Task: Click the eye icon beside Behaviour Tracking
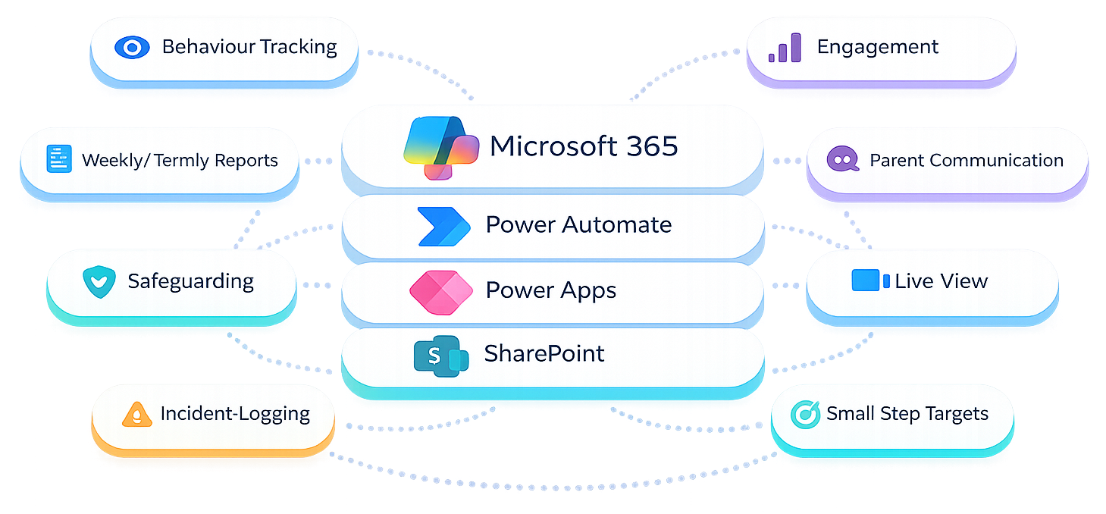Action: tap(133, 48)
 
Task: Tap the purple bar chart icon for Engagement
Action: tap(785, 47)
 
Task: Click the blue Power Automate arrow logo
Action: tap(443, 226)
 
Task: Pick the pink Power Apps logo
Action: tap(440, 292)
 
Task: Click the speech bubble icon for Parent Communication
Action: tap(842, 160)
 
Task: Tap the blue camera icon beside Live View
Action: tap(870, 281)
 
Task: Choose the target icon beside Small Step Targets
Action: tap(805, 414)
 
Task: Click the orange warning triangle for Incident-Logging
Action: tap(137, 415)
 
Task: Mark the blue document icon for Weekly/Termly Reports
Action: tap(58, 159)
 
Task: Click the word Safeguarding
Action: tap(190, 281)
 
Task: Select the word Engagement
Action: tap(877, 47)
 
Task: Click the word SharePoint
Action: tap(544, 353)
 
